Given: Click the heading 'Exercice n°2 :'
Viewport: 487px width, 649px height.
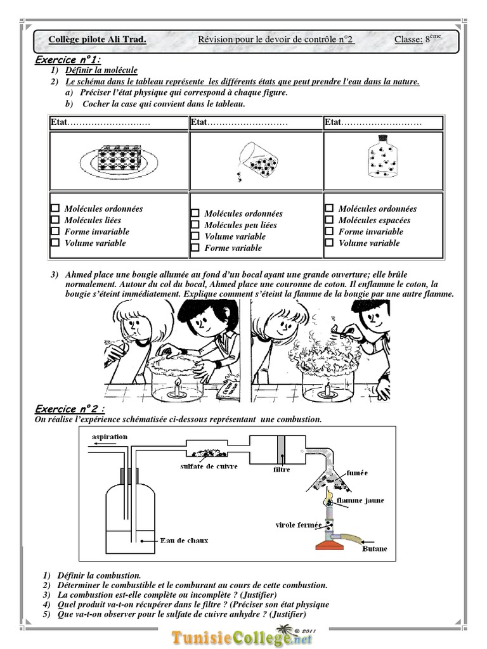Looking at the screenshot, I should (x=70, y=409).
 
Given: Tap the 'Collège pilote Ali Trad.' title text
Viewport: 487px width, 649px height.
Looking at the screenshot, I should (x=98, y=40).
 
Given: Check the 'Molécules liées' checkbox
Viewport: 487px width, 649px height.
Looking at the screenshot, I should (x=55, y=220).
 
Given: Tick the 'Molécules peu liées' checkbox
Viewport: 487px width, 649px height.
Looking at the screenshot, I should (x=195, y=225).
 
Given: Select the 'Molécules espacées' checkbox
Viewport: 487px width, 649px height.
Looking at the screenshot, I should (x=328, y=220).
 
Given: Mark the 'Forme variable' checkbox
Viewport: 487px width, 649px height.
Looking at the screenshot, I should (x=195, y=248).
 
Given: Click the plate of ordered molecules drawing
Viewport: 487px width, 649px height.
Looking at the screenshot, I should (x=119, y=156).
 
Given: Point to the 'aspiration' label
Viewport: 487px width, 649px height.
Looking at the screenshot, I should (x=110, y=437).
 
